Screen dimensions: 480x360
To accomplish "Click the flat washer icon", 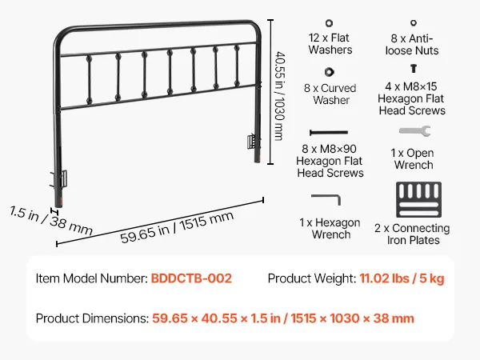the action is pos(329,23).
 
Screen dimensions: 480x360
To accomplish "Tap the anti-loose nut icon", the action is pos(414,22).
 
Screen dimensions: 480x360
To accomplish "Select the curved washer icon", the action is pos(329,72).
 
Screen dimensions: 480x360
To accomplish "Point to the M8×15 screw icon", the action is pos(414,68).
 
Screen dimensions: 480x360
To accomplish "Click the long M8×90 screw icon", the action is pos(329,133).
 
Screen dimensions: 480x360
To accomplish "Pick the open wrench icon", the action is pos(414,131).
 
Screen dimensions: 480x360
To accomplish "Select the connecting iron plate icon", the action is pos(418,199).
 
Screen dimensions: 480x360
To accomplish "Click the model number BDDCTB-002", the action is pos(191,278).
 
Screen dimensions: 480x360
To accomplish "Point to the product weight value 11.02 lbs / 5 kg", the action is pos(402,278).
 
